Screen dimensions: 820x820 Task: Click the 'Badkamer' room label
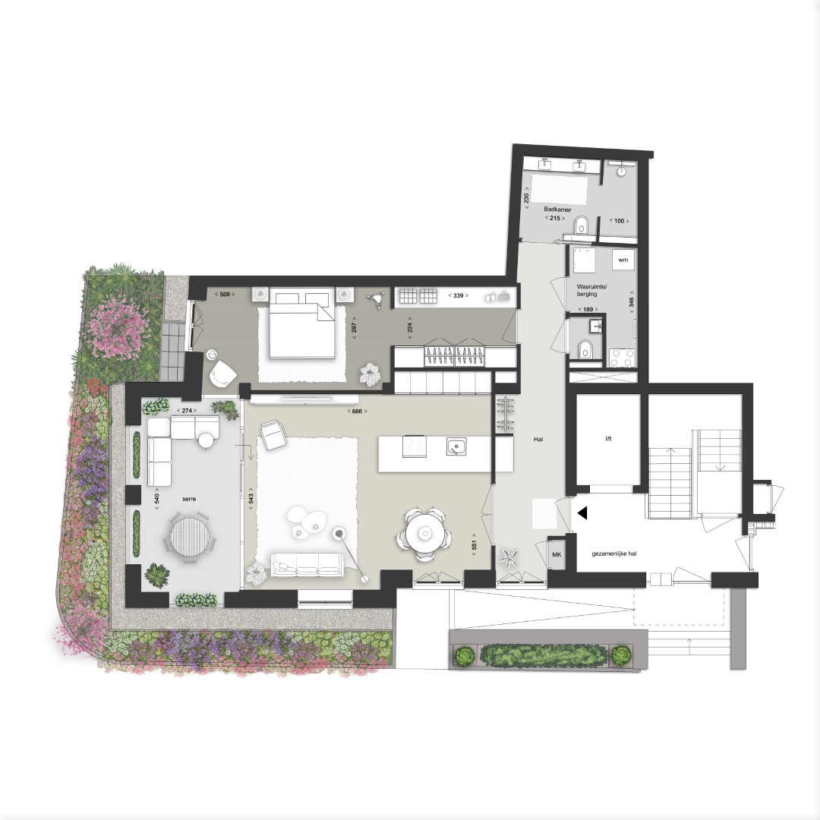coord(557,210)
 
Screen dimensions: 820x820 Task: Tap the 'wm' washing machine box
coord(623,260)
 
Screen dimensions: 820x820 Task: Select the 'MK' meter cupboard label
coord(557,554)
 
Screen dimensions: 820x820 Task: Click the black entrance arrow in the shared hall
coord(582,513)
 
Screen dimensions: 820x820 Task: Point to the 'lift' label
coord(608,439)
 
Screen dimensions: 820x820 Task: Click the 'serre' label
coord(189,499)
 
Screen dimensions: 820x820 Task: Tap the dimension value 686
coord(357,411)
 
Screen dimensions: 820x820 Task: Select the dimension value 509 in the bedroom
coord(225,295)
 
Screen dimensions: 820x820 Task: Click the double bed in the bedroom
coord(301,323)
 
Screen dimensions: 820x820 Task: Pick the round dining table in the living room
coord(424,534)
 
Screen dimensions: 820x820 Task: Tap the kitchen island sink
coord(456,446)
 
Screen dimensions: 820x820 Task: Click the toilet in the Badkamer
coord(581,227)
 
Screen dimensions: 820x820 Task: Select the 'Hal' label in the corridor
coord(538,440)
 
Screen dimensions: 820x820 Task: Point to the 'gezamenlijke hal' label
coord(614,553)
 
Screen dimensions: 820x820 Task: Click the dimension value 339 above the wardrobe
coord(458,295)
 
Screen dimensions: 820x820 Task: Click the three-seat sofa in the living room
coord(306,565)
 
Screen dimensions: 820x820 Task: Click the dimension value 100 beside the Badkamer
coord(620,221)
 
